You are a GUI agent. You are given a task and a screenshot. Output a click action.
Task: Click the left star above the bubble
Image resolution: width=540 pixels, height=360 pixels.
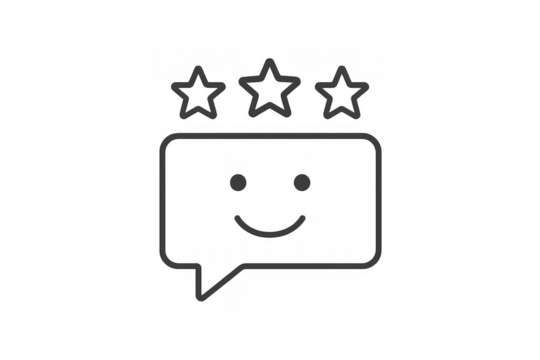200,92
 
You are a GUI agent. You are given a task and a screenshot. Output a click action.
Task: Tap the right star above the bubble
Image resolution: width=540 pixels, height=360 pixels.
339,92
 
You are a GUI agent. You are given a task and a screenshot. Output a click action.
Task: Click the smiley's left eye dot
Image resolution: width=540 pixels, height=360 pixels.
236,183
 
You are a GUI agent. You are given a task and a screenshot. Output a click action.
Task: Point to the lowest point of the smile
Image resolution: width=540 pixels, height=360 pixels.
269,236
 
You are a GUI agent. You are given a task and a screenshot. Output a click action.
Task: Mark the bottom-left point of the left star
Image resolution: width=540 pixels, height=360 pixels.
186,113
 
